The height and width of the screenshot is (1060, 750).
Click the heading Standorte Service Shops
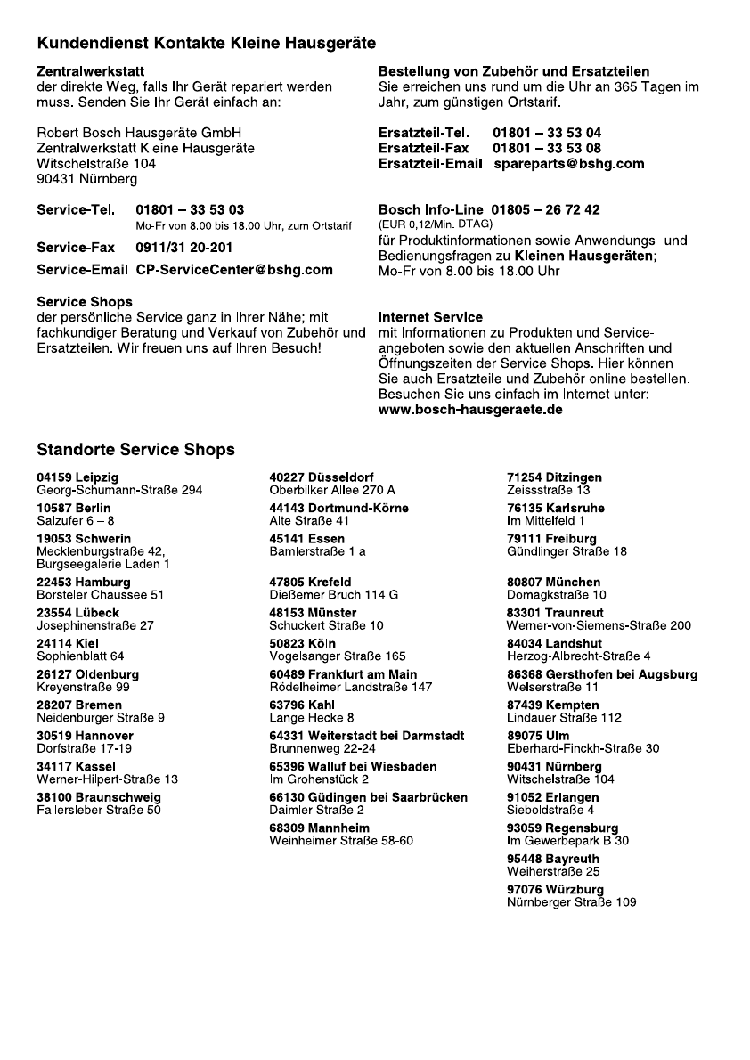[135, 450]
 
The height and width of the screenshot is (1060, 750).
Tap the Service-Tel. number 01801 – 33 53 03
[190, 210]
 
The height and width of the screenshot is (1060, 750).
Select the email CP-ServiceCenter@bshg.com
[234, 270]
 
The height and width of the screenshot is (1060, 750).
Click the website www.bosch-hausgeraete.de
[470, 410]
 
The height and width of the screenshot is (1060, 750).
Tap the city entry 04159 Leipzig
[77, 478]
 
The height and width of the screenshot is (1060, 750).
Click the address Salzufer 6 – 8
[76, 520]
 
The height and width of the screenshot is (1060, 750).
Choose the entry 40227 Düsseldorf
[321, 478]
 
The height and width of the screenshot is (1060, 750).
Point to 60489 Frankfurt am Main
[343, 675]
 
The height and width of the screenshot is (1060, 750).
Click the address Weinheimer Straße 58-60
[341, 840]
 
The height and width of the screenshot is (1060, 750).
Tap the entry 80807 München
[553, 583]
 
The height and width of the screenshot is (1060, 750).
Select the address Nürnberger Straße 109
[572, 901]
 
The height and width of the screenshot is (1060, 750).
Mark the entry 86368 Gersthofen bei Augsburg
[602, 675]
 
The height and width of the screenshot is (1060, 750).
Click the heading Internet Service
[430, 317]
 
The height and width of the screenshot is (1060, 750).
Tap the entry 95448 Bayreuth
[552, 859]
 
